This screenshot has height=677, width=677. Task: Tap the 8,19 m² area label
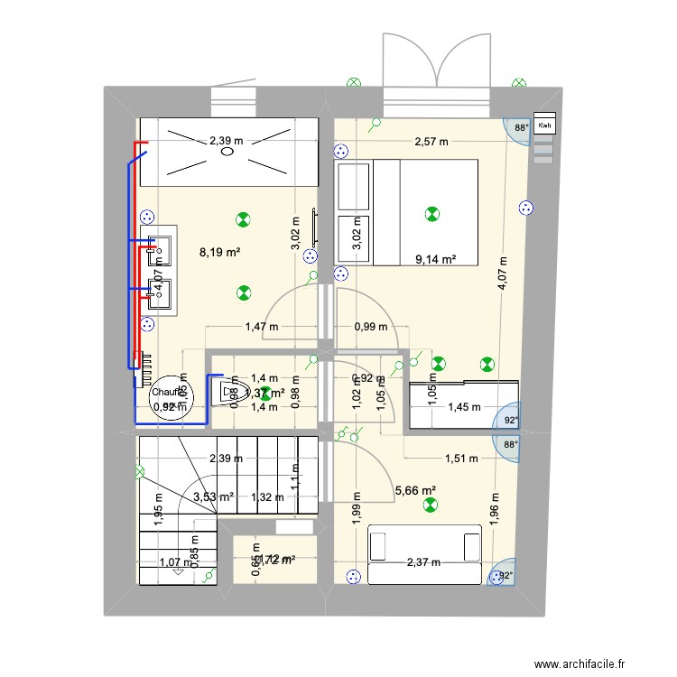point(219,253)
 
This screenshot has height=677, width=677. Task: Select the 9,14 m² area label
point(435,259)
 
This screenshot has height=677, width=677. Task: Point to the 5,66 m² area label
point(415,491)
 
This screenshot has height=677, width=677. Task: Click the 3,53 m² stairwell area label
point(213,496)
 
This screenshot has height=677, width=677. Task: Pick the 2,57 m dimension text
point(431,142)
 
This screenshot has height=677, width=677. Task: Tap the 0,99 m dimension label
point(370,327)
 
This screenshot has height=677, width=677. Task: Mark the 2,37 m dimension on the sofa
point(422,562)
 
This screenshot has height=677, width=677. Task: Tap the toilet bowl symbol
point(226,393)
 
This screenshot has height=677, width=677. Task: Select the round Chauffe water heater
point(168,398)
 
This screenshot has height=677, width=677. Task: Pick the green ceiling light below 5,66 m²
point(427,510)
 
